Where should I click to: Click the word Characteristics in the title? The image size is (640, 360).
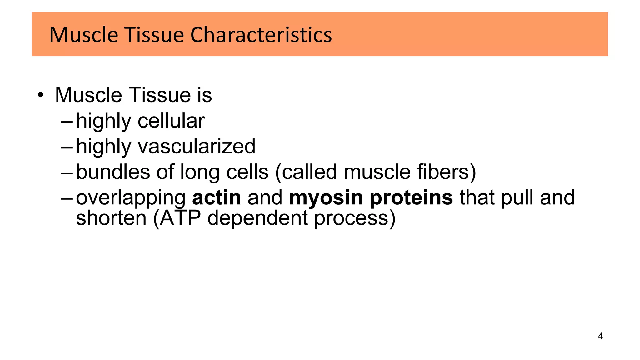click(261, 35)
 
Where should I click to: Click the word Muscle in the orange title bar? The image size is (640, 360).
click(83, 35)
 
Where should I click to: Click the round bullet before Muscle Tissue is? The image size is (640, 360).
click(40, 95)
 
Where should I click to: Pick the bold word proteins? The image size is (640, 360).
click(411, 198)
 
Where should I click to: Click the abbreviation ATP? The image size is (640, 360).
click(180, 218)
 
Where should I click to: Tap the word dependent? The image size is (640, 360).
click(257, 218)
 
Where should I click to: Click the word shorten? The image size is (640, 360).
click(111, 218)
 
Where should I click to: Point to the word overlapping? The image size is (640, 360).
click(131, 198)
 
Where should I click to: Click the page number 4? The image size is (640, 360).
click(600, 336)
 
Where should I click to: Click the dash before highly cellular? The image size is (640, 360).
click(67, 122)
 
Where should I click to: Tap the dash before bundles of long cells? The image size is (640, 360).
click(67, 173)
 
